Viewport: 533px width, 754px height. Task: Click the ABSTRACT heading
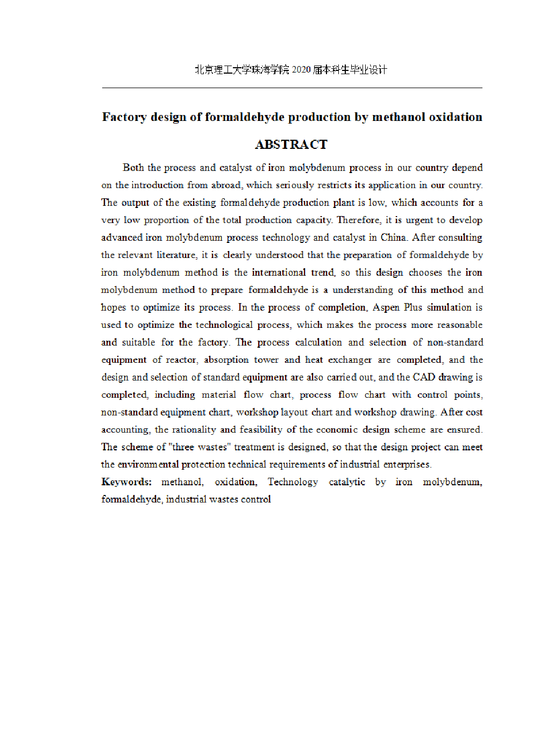[x=291, y=145]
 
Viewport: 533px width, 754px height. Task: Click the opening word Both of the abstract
[x=133, y=168]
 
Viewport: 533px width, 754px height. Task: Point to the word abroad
[x=226, y=185]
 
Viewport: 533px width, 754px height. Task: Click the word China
[x=393, y=238]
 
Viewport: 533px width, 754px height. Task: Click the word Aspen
[x=386, y=307]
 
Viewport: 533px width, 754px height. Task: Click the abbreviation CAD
[x=424, y=377]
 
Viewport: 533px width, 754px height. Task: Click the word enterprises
[x=407, y=464]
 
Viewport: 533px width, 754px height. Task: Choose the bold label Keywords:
[x=127, y=482]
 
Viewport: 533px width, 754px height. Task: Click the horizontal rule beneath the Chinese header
[x=292, y=88]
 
